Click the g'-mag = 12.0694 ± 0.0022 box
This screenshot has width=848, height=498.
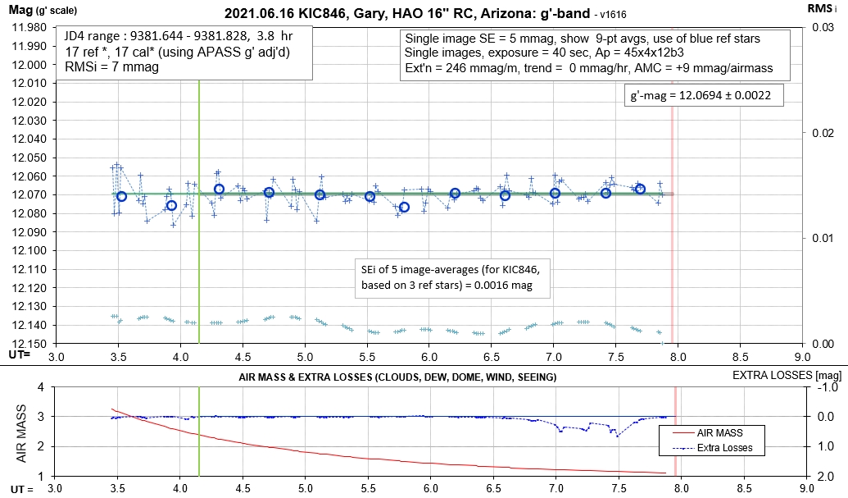[694, 96]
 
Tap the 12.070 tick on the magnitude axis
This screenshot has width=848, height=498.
[29, 194]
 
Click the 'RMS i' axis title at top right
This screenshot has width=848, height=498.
[828, 7]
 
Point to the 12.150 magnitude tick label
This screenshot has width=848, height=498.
[29, 344]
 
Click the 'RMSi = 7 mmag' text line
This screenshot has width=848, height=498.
[107, 67]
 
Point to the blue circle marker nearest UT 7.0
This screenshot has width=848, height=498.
[556, 194]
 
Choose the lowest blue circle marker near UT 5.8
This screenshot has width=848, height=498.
[404, 208]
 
